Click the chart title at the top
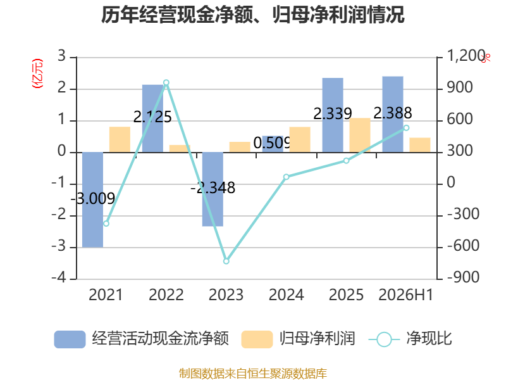252,15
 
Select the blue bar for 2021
92,199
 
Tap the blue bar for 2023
213,189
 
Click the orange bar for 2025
360,135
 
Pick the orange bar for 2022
180,149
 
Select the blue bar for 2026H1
393,115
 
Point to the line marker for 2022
166,83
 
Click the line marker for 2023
226,261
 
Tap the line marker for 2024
287,177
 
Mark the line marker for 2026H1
406,128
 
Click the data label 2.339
333,114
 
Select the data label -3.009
92,198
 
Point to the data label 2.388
393,113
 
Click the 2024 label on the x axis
287,294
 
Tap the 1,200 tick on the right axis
466,56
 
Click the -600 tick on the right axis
463,246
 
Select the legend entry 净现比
410,339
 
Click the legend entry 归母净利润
298,339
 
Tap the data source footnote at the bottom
252,374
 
